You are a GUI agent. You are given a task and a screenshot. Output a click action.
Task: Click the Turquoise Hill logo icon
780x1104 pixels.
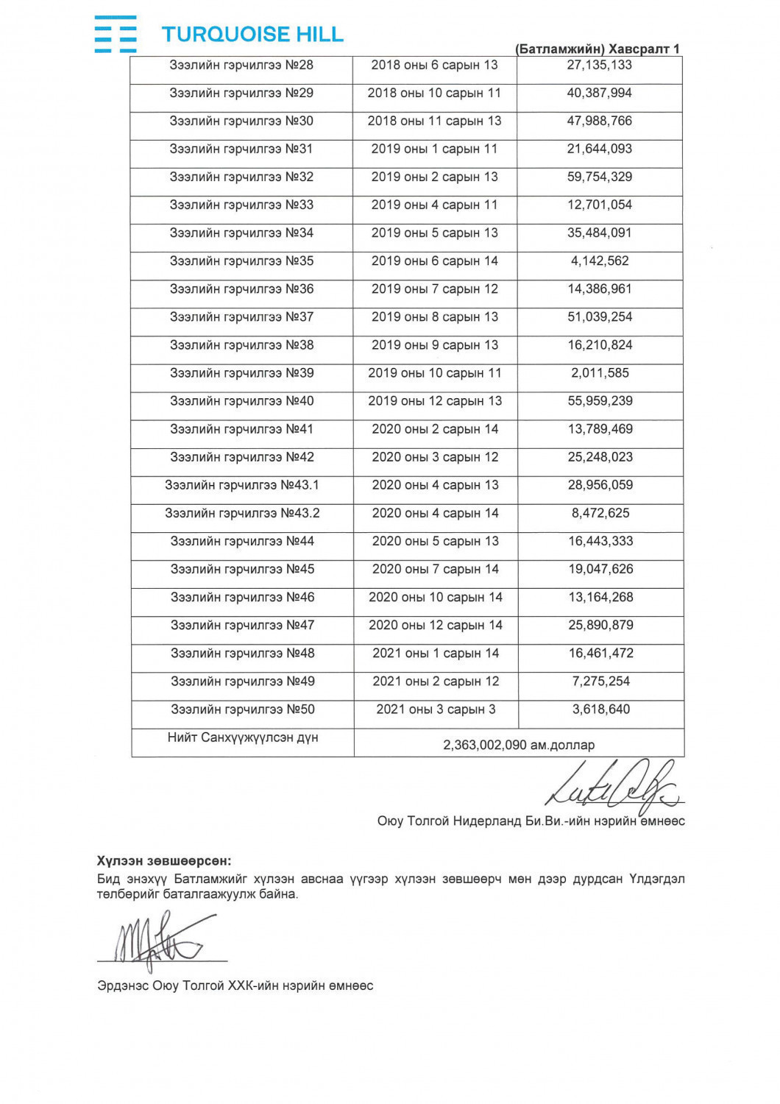(x=116, y=34)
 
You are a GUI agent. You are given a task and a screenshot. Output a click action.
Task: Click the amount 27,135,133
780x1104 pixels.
(x=599, y=65)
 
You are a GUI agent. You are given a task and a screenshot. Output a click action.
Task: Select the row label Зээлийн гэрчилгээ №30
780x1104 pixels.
(x=241, y=121)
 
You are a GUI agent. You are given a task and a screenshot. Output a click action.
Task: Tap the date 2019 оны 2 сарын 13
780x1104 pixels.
(x=434, y=177)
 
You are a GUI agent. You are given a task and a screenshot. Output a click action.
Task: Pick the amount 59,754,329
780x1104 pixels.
(x=599, y=177)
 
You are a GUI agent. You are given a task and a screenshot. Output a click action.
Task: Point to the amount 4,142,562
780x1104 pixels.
(x=600, y=261)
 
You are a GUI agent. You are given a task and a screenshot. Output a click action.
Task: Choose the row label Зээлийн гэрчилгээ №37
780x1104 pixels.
(x=241, y=317)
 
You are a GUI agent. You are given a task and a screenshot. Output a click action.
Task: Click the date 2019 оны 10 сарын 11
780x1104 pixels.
(x=434, y=373)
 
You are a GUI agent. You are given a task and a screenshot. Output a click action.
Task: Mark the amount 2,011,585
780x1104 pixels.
(x=600, y=373)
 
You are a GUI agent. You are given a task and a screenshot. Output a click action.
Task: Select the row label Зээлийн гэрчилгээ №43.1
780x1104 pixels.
(x=242, y=485)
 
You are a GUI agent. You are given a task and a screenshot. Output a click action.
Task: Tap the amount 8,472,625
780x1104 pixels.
(x=600, y=513)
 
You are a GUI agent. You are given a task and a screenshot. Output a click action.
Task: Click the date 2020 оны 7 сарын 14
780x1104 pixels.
(x=435, y=569)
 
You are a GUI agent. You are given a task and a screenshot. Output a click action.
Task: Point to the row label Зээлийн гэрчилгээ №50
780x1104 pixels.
(x=243, y=710)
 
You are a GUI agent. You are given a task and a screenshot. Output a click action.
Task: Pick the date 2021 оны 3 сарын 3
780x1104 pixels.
(x=436, y=710)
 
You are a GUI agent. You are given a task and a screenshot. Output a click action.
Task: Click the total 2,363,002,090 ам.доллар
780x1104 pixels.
(x=519, y=745)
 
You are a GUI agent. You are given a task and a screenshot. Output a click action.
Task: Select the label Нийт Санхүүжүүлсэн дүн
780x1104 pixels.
(x=243, y=737)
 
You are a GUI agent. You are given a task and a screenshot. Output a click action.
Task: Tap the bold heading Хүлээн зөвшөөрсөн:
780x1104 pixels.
(x=163, y=860)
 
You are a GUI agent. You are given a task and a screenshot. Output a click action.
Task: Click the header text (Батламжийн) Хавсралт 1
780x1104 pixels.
(x=598, y=49)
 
